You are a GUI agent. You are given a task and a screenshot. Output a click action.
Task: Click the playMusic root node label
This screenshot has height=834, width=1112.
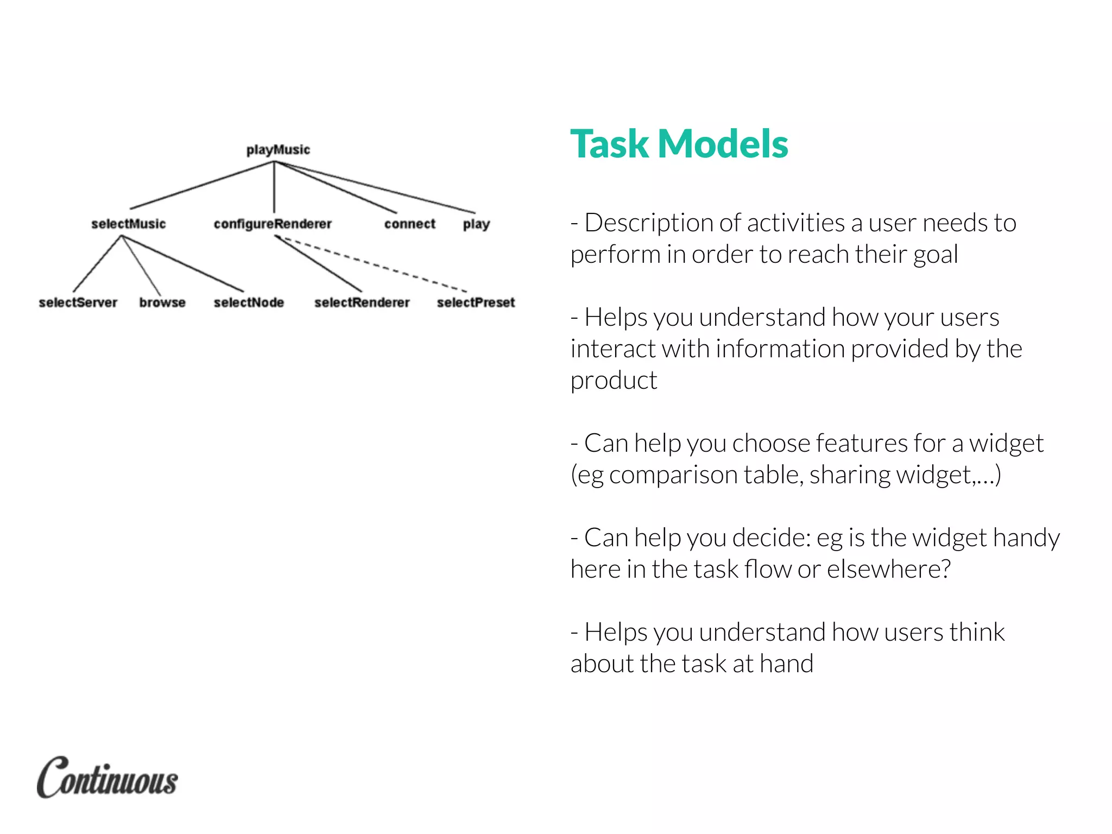278,150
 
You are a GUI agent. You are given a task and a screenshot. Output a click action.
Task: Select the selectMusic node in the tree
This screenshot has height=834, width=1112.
129,224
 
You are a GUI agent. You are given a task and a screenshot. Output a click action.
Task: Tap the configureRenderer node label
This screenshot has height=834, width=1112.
273,224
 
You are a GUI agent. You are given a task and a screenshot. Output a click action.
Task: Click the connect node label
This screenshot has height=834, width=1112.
410,224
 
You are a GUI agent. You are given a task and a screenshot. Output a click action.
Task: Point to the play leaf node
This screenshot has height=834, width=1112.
476,224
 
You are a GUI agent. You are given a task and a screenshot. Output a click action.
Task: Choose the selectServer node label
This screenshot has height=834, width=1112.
78,302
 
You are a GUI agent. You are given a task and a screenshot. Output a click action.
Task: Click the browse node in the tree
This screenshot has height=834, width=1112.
162,302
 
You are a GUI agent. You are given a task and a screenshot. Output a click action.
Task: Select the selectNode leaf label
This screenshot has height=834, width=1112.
249,302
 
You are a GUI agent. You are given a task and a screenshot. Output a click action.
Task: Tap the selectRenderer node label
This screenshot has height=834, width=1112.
362,302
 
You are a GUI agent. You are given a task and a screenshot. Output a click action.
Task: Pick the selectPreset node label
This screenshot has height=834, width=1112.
476,302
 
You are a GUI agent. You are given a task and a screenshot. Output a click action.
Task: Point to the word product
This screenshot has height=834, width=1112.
614,381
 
